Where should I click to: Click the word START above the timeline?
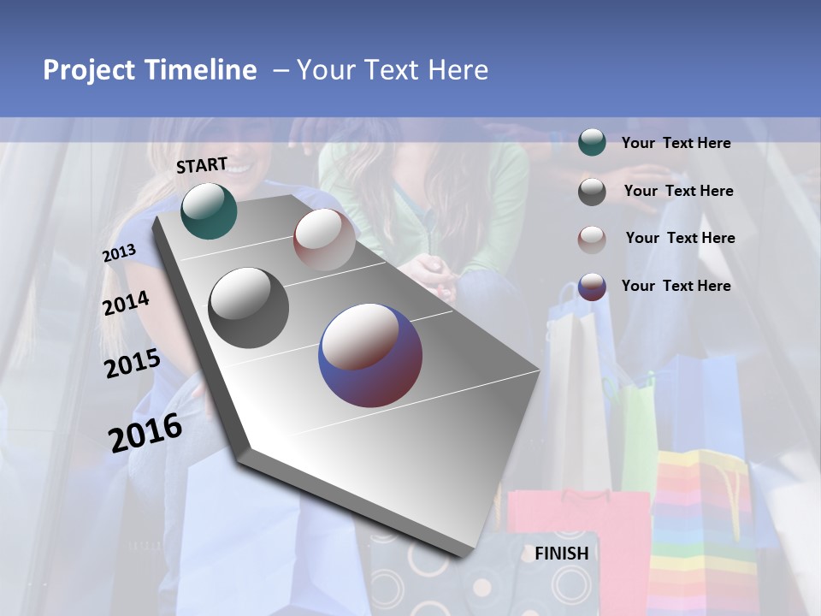pyautogui.click(x=202, y=165)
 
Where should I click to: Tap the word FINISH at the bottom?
pyautogui.click(x=562, y=554)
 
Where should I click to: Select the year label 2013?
pyautogui.click(x=119, y=253)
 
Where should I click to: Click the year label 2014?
pyautogui.click(x=126, y=304)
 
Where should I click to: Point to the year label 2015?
pyautogui.click(x=132, y=364)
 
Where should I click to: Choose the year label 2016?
pyautogui.click(x=145, y=432)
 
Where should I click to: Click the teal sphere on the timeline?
pyautogui.click(x=209, y=210)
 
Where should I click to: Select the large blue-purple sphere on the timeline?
pyautogui.click(x=370, y=356)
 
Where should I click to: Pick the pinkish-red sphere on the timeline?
pyautogui.click(x=324, y=240)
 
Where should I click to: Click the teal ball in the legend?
pyautogui.click(x=592, y=143)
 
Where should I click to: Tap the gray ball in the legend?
pyautogui.click(x=592, y=192)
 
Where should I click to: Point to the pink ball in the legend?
pyautogui.click(x=592, y=239)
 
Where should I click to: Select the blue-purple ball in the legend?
pyautogui.click(x=592, y=287)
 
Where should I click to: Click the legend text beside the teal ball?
pyautogui.click(x=676, y=143)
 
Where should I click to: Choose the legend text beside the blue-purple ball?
pyautogui.click(x=676, y=286)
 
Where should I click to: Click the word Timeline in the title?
pyautogui.click(x=202, y=70)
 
